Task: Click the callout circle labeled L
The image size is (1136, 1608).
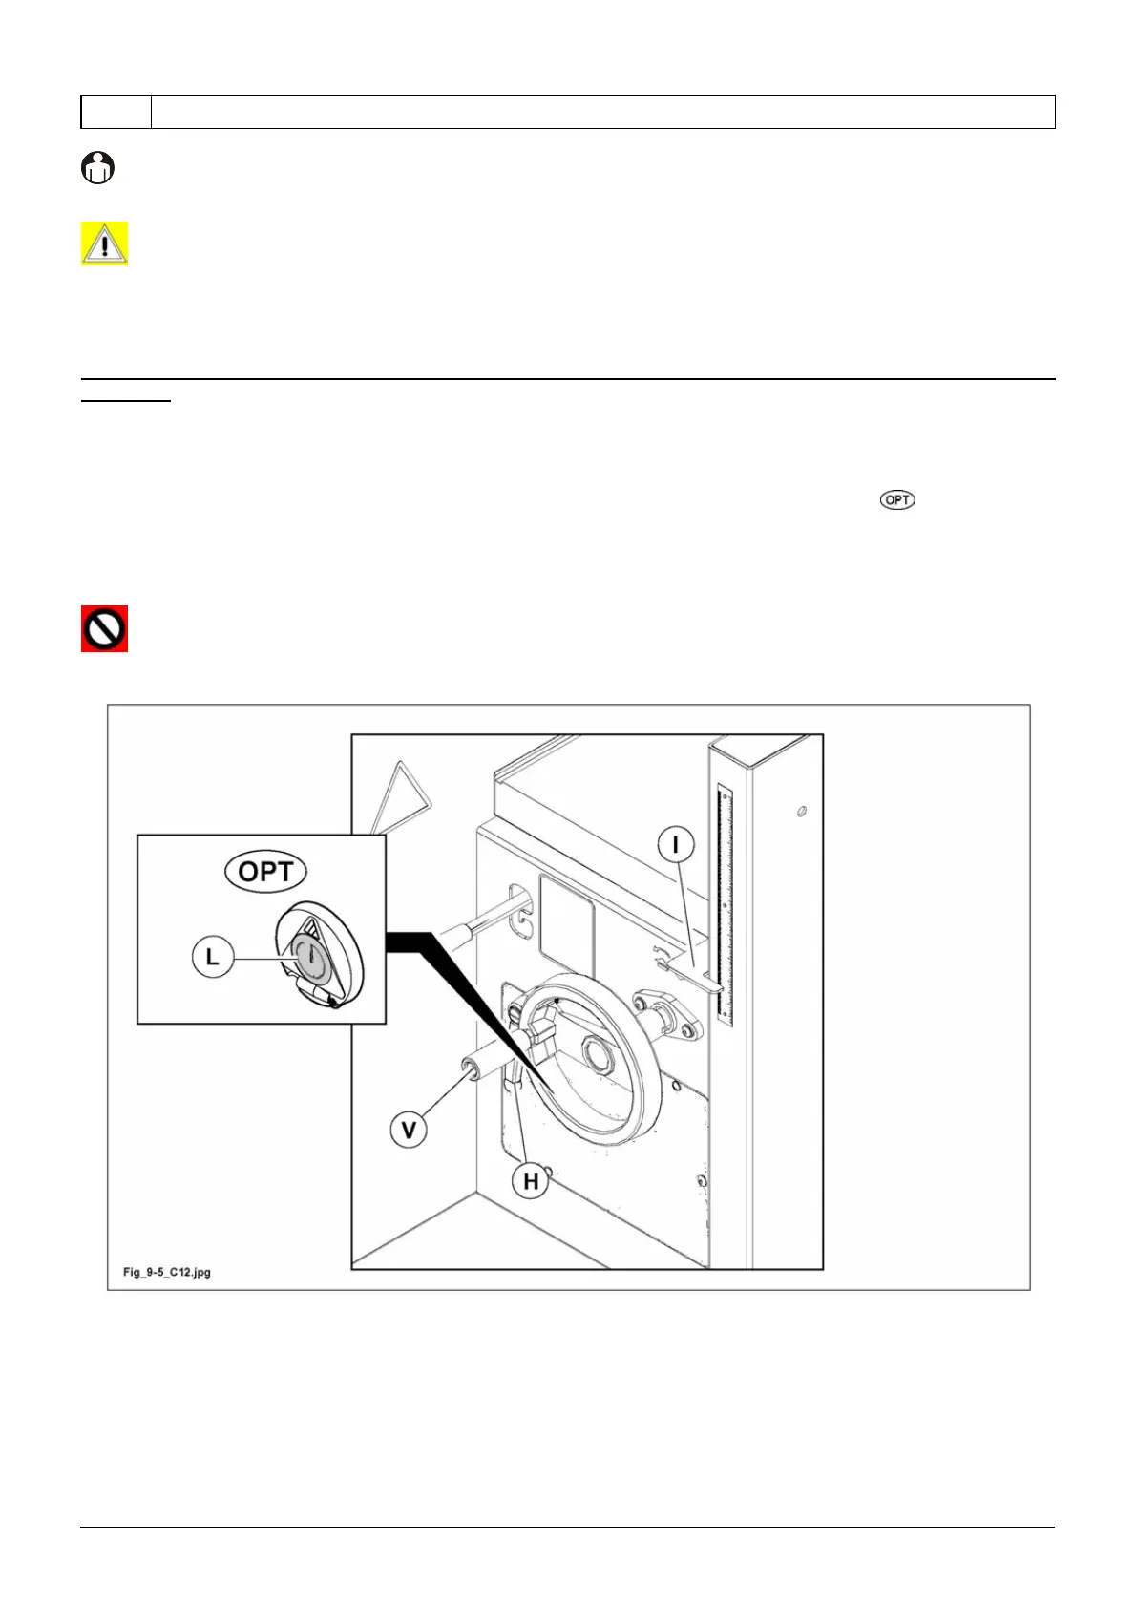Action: [x=213, y=956]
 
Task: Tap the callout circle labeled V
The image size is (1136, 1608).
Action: [x=409, y=1130]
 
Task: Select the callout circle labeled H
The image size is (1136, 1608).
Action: [x=531, y=1181]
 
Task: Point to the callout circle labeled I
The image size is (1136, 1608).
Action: [x=676, y=845]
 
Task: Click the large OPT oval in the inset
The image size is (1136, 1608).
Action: [x=265, y=872]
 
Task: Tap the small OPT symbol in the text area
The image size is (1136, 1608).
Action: [x=897, y=499]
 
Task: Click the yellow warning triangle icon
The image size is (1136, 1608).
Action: [x=104, y=243]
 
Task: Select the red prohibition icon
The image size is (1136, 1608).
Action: [x=104, y=629]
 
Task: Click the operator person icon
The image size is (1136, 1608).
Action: [x=97, y=168]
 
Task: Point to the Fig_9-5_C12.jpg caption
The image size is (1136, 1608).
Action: [x=167, y=1272]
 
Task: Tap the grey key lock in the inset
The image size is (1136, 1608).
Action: [x=309, y=958]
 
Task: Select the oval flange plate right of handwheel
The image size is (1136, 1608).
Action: [x=667, y=1013]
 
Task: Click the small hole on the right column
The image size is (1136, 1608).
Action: [x=801, y=812]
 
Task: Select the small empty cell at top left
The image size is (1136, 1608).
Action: [x=116, y=112]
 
